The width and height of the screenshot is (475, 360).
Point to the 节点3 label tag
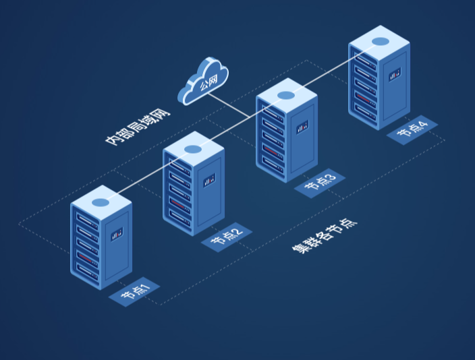click(319, 181)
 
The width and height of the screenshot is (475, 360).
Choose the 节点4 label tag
click(412, 129)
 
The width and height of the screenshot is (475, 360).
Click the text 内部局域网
click(138, 124)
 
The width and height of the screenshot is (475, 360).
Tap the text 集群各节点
click(324, 235)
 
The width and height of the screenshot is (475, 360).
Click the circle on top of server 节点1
click(101, 202)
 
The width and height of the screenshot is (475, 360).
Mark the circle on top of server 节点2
click(193, 148)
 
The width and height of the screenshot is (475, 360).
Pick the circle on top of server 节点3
click(286, 95)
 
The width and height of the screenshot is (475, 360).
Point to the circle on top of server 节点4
click(379, 41)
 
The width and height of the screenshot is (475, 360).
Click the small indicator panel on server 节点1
click(117, 233)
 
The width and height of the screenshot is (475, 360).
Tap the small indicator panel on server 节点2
click(210, 179)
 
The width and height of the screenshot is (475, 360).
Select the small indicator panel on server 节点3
click(302, 125)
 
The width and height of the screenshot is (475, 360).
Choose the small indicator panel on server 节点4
click(395, 73)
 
